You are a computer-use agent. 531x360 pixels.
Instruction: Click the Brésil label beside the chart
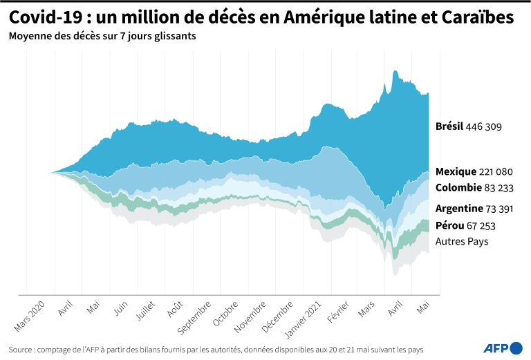tap(449, 127)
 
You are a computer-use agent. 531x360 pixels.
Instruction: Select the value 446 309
tap(484, 127)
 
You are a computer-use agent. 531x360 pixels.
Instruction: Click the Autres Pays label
tap(462, 242)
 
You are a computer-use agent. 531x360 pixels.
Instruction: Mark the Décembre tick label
tap(279, 316)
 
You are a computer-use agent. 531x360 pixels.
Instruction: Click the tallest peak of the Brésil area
tap(395, 70)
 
